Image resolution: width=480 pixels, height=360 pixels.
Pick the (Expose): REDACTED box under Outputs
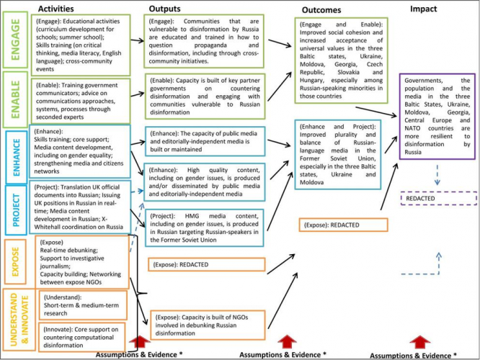[x=195, y=265]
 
